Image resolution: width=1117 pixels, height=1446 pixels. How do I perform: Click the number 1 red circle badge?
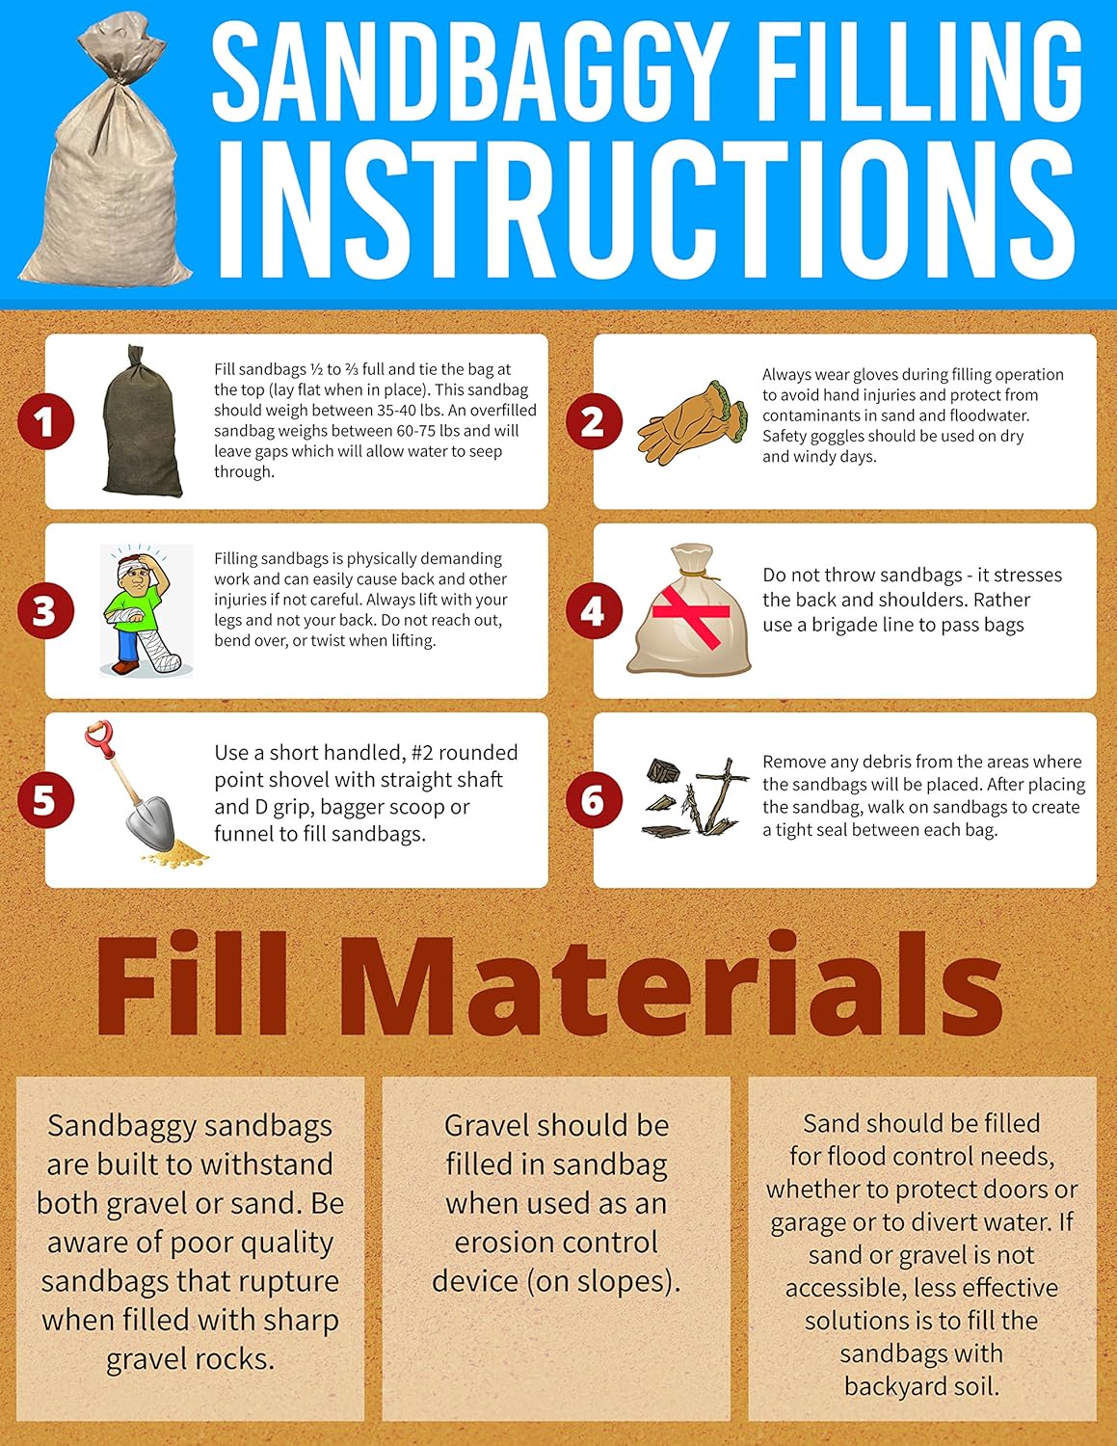pyautogui.click(x=45, y=421)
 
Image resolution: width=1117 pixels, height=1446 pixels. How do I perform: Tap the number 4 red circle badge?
pyautogui.click(x=594, y=611)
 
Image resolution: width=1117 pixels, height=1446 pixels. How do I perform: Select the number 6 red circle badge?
pyautogui.click(x=594, y=800)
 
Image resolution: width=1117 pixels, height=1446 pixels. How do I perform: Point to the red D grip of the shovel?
pyautogui.click(x=99, y=739)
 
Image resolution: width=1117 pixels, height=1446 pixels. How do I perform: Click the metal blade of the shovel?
pyautogui.click(x=149, y=823)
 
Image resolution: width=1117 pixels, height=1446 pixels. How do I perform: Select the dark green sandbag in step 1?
pyautogui.click(x=142, y=421)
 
